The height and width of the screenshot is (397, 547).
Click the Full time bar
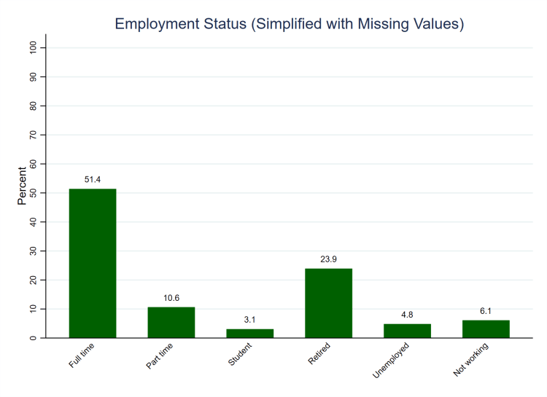(x=93, y=263)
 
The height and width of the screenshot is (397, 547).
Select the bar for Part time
(x=171, y=322)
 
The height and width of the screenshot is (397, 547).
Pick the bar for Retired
(x=328, y=303)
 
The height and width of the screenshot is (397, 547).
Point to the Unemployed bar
(x=407, y=331)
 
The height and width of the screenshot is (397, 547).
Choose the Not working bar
(x=486, y=329)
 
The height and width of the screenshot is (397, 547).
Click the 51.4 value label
(x=93, y=179)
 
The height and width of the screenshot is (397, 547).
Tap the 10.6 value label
(x=171, y=297)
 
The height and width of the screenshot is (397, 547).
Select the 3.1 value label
(x=249, y=319)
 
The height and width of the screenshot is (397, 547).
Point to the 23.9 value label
(x=328, y=259)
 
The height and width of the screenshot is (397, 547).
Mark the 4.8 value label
(x=407, y=314)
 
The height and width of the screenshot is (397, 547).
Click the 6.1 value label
(x=486, y=310)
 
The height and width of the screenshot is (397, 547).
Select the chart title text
(x=290, y=24)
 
